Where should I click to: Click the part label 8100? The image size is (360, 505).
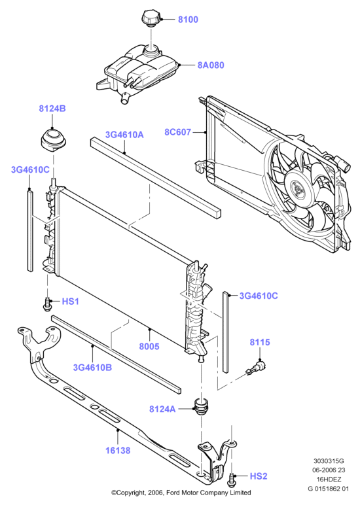(188, 20)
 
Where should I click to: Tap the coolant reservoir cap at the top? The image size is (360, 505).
(151, 18)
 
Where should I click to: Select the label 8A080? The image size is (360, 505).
(211, 65)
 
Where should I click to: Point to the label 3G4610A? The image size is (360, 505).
(124, 135)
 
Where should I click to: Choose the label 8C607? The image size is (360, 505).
(177, 132)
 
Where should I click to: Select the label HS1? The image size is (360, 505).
(70, 302)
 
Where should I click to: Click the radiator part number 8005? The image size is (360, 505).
(149, 347)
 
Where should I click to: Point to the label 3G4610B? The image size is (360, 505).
(92, 368)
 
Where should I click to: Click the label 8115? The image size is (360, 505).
(260, 342)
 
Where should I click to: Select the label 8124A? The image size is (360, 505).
(162, 409)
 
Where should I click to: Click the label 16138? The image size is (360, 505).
(118, 451)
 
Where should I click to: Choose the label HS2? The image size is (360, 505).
(259, 476)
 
